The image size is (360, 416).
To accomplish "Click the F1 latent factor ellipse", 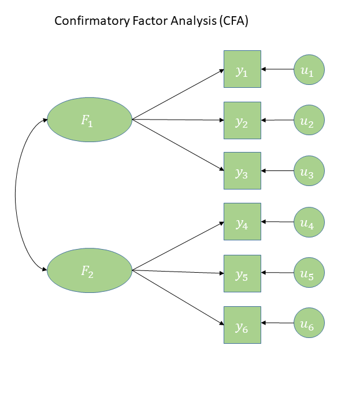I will coord(90,120).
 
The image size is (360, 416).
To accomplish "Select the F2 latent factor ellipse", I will coord(90,270).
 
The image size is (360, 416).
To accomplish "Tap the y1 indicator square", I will coord(242,69).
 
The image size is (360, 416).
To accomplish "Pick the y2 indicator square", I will coord(242,120).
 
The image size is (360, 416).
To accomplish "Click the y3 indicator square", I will coord(242,170).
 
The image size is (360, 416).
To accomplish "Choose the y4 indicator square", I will coord(242,221).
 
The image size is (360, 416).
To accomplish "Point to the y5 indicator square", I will coord(242,272).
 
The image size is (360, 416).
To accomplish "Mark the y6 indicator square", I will coord(242,325).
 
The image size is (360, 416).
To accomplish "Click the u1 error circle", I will coord(309,69).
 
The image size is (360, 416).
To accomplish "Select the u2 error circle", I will coord(309,120).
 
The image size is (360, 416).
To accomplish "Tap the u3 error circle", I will coord(309,170).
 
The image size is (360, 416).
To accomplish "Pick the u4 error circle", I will coord(309,221).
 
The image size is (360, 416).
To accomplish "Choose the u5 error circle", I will coord(309,272).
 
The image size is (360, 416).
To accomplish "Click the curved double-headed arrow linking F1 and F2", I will coord(16,195).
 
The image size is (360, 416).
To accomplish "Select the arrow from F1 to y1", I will coord(178,95).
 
